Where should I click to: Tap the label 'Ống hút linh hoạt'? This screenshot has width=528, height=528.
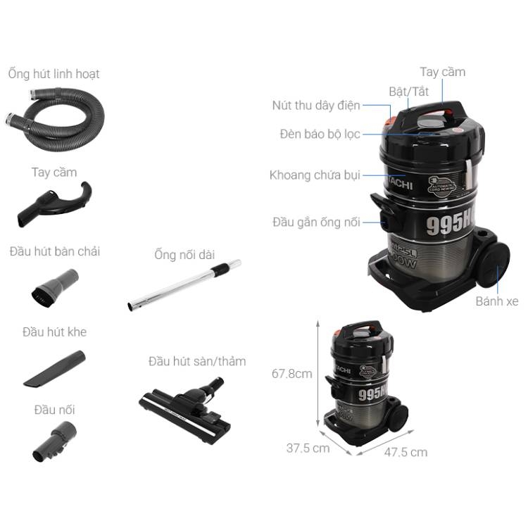54,74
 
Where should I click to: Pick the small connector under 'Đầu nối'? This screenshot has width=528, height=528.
54,442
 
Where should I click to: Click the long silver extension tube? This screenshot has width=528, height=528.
184,285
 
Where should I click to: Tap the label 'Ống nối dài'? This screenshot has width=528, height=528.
184,255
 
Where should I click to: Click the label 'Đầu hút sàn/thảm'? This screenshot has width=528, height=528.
197,361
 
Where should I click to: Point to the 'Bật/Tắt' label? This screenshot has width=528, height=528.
408,92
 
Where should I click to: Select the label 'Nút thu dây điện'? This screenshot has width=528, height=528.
316,106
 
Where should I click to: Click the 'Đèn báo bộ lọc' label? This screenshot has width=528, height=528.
320,134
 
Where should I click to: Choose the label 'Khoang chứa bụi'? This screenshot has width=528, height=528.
315,175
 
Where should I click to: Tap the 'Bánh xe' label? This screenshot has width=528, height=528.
497,301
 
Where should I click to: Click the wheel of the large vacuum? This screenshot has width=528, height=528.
494,265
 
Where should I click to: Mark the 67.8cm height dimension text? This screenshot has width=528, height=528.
292,374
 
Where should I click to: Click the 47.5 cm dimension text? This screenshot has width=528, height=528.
406,452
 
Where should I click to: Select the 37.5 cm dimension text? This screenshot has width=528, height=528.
308,448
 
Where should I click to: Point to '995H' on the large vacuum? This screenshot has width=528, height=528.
450,224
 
